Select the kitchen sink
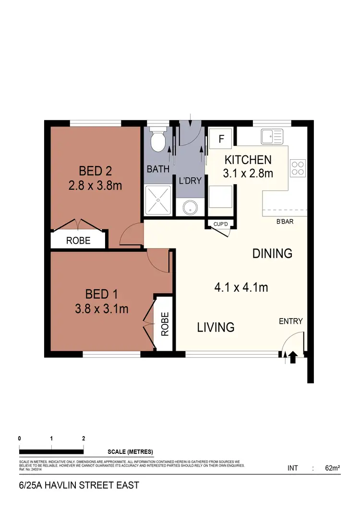coord(273,136)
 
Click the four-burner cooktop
coord(298,167)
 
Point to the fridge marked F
coord(221,139)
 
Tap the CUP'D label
coord(220,224)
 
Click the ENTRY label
coord(291,321)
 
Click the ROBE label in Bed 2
coord(78,241)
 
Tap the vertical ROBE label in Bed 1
coord(165,324)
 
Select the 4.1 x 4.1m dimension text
coord(241,288)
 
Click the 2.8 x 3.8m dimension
coord(95,186)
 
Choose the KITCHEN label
coord(248,160)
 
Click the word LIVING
coord(216,328)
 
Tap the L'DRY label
coord(190,181)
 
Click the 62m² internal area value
coord(333,468)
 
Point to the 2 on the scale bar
coord(84,438)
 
